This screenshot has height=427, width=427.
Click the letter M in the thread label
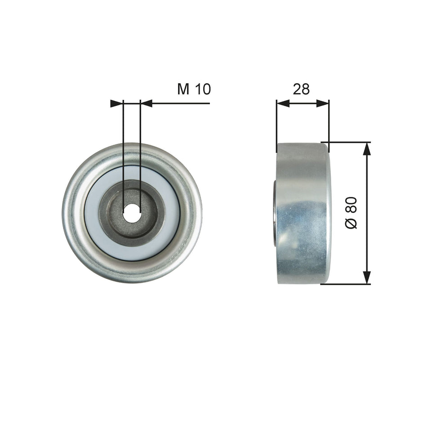click(x=183, y=89)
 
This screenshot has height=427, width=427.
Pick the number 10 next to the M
click(x=203, y=89)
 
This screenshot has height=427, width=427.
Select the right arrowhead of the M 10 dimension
click(x=146, y=103)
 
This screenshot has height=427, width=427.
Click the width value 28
click(x=301, y=89)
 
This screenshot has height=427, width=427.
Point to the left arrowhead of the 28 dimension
click(x=282, y=103)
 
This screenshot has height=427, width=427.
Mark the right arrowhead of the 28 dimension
click(x=323, y=103)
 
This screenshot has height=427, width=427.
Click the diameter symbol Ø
click(x=352, y=223)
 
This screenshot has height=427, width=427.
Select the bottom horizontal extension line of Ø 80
click(x=346, y=284)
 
